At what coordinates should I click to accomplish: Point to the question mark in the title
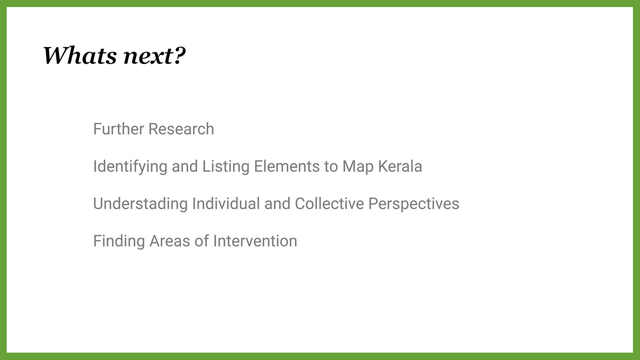click(x=180, y=55)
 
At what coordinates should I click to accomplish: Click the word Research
click(x=181, y=129)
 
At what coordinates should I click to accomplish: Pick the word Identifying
click(x=130, y=167)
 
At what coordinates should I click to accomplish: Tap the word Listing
click(x=226, y=167)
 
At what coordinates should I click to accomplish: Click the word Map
click(x=358, y=167)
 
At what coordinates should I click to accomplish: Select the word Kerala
click(x=400, y=166)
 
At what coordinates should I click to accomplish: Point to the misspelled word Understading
click(x=140, y=204)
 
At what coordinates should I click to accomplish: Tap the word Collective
click(x=329, y=203)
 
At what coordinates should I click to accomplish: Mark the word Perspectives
click(x=414, y=204)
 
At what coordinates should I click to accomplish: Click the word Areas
click(x=170, y=241)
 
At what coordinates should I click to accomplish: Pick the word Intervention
click(x=255, y=241)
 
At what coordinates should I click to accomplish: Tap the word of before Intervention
click(x=202, y=241)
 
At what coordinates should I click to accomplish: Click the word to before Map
click(x=331, y=167)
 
